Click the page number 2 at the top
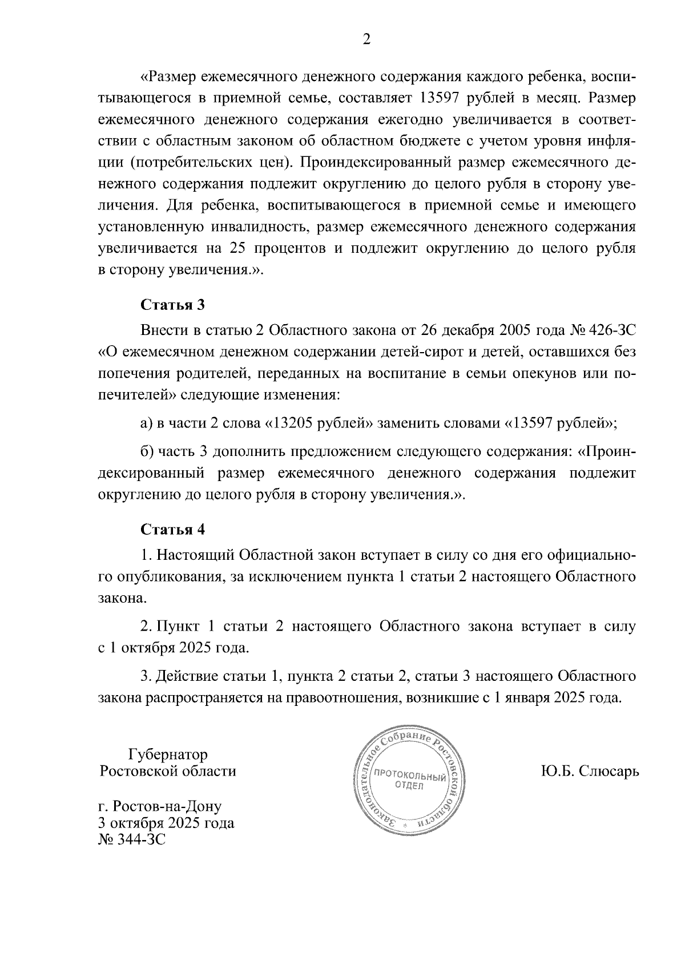point(366,39)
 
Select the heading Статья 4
point(172,530)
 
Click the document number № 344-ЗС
point(132,839)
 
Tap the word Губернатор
point(168,754)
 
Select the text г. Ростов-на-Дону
point(160,806)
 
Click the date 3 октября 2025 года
point(166,823)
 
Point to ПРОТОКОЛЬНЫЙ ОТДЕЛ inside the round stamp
point(409,781)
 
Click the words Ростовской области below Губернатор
point(168,772)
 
